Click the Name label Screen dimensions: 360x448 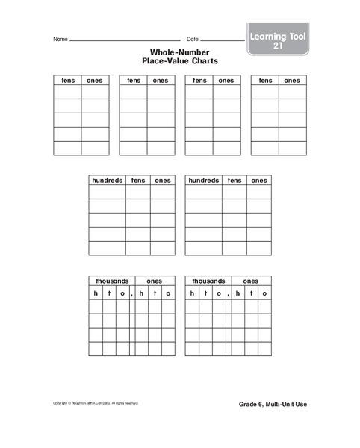coord(60,39)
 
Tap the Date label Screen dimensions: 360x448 coord(193,39)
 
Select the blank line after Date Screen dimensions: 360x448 coord(223,40)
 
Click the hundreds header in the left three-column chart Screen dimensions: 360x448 coord(107,180)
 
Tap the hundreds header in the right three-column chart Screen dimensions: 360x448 coord(204,180)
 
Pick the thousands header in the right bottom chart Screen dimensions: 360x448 coord(208,281)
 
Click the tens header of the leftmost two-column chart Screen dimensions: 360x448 coord(67,80)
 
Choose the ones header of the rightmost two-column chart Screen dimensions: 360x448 coord(292,80)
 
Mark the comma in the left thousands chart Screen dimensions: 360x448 coord(131,296)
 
